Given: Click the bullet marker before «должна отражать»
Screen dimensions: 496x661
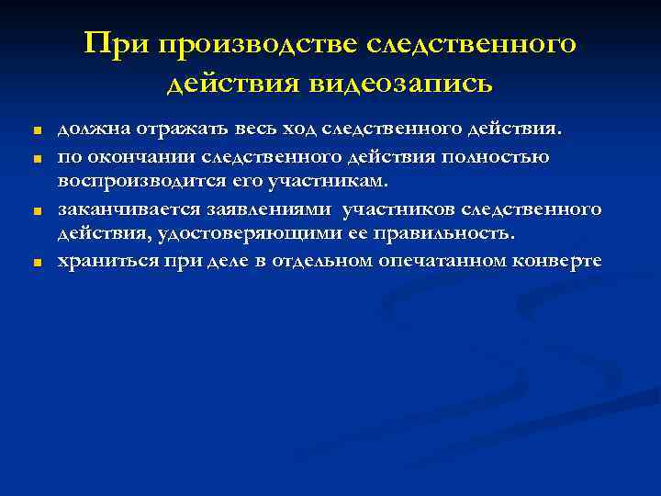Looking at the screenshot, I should (36, 132).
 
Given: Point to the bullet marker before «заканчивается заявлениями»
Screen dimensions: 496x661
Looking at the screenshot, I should (36, 211).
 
